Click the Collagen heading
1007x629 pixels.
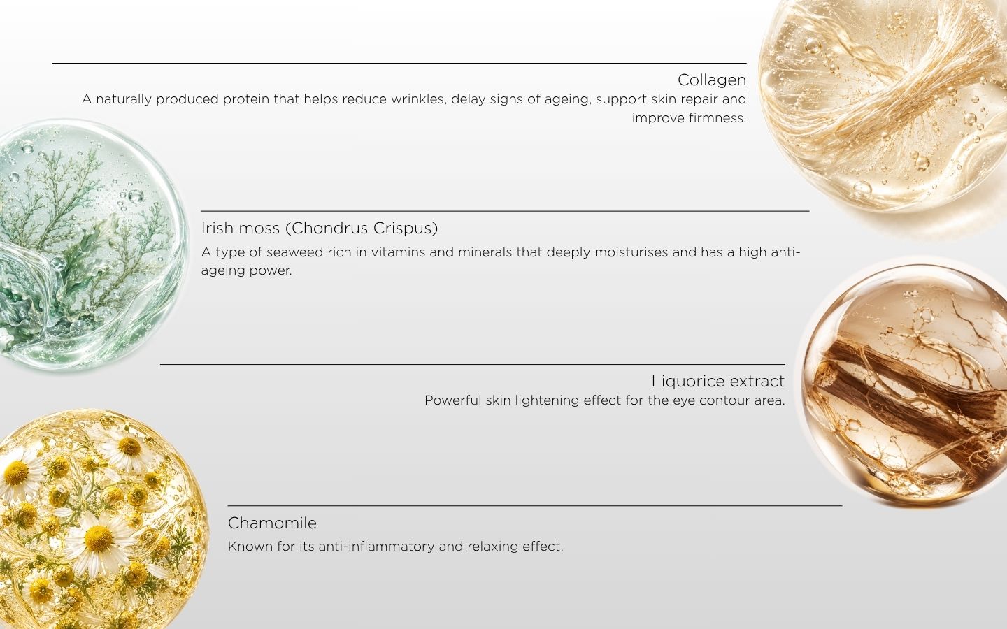click(712, 80)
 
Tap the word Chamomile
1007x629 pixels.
click(272, 523)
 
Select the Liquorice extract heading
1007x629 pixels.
click(718, 382)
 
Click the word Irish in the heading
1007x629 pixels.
click(217, 229)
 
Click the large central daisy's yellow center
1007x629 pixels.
click(99, 539)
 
